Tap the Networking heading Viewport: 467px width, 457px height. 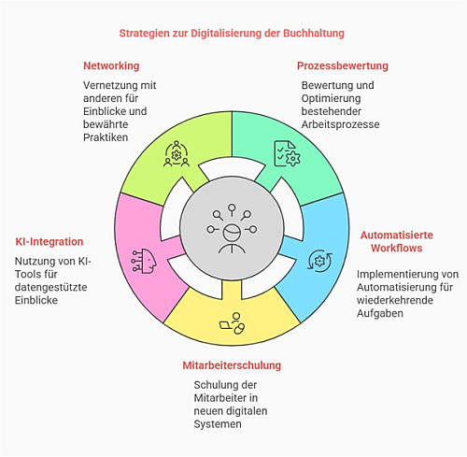click(111, 66)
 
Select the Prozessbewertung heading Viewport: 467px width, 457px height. click(343, 65)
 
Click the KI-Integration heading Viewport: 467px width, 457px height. click(50, 242)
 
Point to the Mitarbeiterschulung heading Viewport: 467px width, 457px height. click(232, 365)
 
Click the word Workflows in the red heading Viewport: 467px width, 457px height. click(397, 249)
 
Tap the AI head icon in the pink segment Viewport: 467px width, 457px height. click(144, 261)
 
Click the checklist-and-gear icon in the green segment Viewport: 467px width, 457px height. click(287, 153)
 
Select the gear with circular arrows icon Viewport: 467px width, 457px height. click(319, 261)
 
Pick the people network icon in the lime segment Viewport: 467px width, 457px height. click(177, 153)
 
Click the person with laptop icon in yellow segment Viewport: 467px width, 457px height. click(232, 323)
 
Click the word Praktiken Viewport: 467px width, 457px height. click(106, 137)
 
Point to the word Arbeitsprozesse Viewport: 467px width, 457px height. click(340, 124)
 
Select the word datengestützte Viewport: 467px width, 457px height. click(51, 287)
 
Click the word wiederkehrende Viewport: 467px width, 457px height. click(395, 300)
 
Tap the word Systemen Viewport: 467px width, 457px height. click(218, 424)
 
